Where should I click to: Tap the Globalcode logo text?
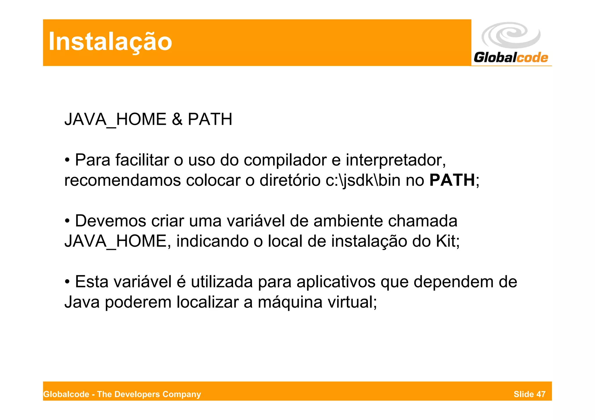pos(511,57)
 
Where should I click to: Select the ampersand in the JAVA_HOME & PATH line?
pos(177,119)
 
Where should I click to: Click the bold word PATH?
pos(452,180)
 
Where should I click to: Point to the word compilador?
pos(285,160)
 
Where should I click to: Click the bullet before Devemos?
pos(67,221)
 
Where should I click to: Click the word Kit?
pos(447,241)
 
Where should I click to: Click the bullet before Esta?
pos(67,282)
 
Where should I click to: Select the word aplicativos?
pos(336,282)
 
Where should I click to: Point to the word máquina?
pos(290,302)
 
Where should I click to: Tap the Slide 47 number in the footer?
pos(529,394)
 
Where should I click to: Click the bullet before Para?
pos(67,160)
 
